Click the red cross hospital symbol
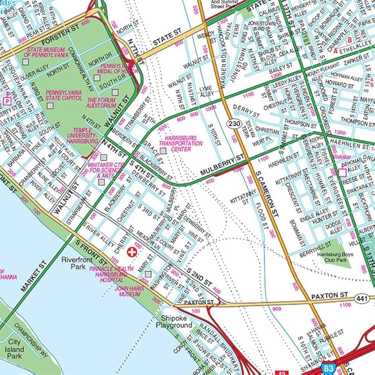tap(132, 252)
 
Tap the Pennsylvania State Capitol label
tap(64, 95)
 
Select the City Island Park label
tap(15, 349)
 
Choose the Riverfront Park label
tap(74, 263)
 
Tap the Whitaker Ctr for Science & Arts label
tap(105, 170)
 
